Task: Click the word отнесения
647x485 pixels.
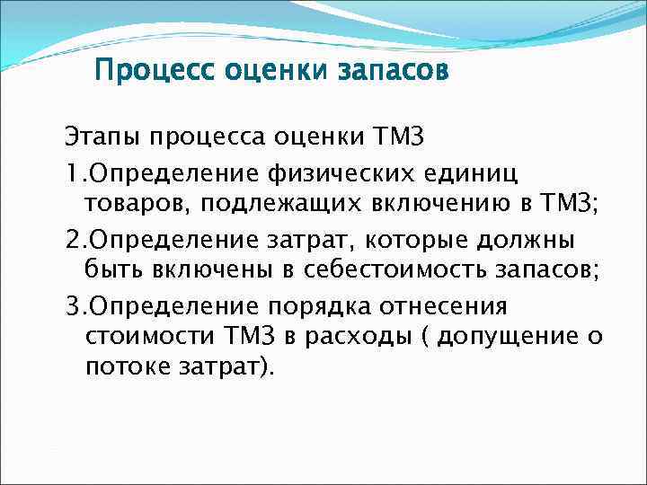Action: tap(453, 305)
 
